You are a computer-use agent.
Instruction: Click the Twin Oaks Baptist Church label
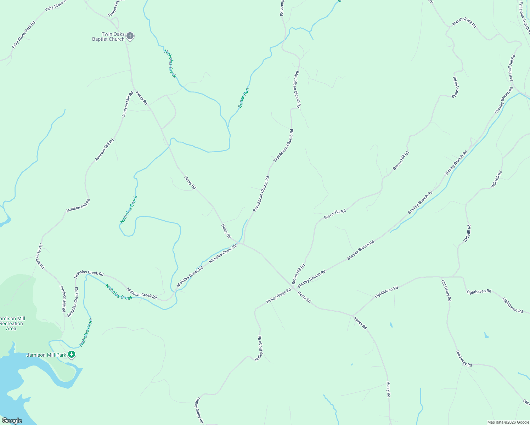(108, 36)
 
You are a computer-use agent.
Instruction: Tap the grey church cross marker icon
(130, 36)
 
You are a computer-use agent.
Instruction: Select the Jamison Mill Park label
(46, 355)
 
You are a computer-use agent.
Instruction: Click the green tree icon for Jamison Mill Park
(72, 354)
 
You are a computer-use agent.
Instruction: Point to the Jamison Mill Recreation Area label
(12, 323)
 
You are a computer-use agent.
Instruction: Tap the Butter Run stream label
(243, 98)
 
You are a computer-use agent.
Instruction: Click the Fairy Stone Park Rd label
(23, 35)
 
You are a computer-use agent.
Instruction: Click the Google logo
(12, 421)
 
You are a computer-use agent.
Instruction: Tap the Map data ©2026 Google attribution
(508, 422)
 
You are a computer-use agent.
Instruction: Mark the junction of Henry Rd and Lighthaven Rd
(352, 315)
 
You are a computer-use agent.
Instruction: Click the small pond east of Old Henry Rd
(486, 335)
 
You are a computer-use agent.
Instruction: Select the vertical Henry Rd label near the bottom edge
(388, 389)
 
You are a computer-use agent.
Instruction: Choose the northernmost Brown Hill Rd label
(456, 87)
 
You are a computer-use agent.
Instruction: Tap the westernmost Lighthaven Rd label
(386, 291)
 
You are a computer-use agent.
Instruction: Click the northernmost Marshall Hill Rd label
(464, 23)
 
